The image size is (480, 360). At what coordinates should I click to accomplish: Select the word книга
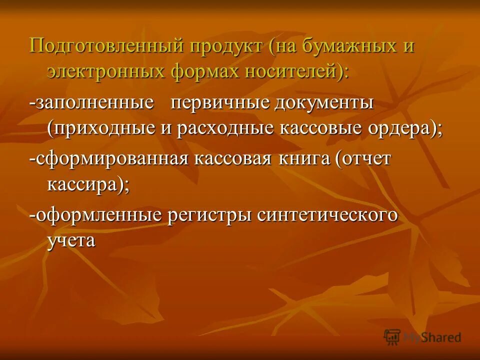302,160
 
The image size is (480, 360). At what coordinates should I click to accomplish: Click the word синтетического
327,216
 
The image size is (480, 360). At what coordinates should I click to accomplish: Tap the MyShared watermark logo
422,337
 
